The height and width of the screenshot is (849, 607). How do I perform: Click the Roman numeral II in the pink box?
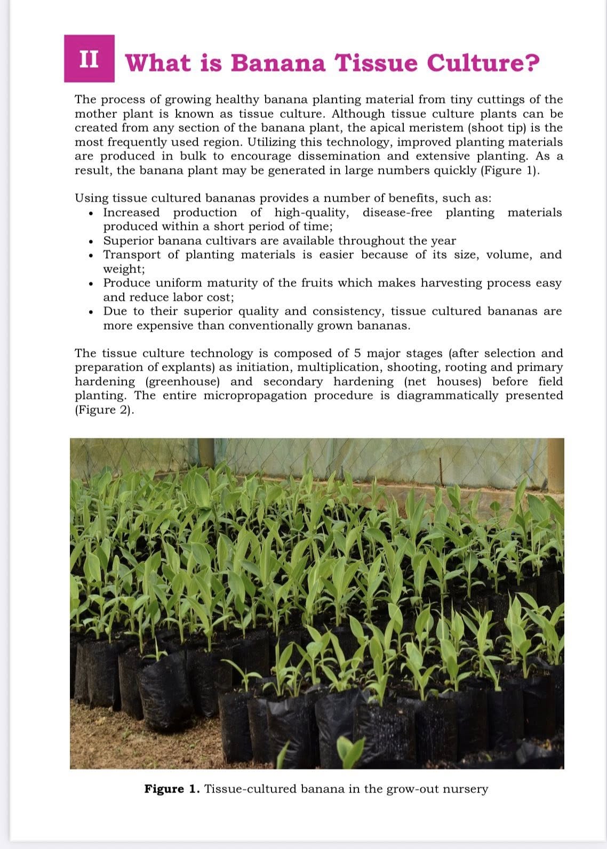89,59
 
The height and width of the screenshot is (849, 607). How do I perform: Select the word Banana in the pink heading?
277,63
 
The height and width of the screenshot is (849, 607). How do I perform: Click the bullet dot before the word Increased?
93,213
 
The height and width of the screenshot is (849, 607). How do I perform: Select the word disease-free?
397,213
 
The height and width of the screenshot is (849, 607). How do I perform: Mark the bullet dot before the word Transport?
93,255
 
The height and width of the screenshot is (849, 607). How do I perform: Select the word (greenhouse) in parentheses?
182,382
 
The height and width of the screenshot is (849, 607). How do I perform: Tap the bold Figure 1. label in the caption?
172,789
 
